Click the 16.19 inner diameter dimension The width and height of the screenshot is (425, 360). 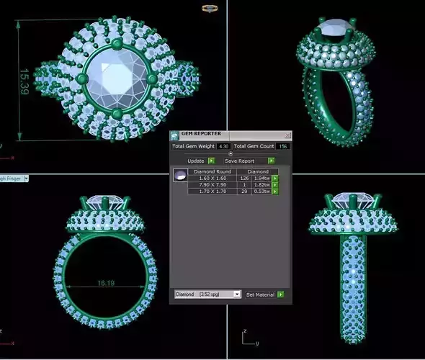[107, 283]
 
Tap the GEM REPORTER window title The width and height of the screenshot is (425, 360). [201, 134]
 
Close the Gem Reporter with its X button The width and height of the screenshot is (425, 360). [287, 135]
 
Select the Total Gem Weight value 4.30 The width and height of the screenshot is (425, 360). [223, 146]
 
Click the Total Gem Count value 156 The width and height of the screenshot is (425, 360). [283, 146]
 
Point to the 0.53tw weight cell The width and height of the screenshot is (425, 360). [261, 192]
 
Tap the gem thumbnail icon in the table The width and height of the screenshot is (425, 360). [180, 175]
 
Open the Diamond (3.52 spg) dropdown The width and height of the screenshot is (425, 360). [208, 294]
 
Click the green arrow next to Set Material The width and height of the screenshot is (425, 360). [281, 294]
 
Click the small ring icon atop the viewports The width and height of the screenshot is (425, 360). [210, 9]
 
